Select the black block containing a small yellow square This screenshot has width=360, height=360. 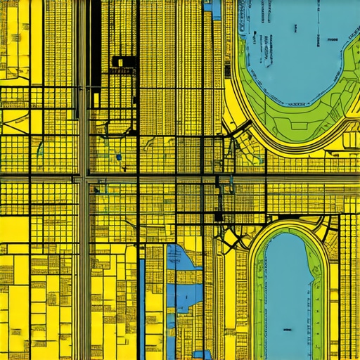coord(120,62)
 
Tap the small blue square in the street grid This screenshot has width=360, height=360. coord(119,157)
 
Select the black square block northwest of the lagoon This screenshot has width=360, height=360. coord(219,217)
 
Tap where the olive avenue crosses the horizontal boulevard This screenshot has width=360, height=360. coord(83,178)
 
